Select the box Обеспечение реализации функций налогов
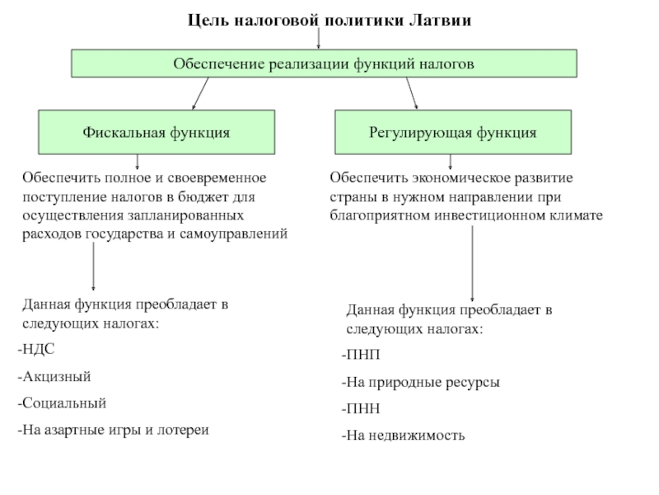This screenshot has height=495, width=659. coord(324,63)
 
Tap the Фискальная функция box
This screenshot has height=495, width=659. coord(156,132)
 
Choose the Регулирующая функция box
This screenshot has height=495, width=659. coord(453,132)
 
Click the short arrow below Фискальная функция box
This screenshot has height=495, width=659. coord(137,161)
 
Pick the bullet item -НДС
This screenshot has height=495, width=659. coord(36,350)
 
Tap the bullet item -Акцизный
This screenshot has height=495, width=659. coord(54,376)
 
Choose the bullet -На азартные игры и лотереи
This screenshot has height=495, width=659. coord(113,430)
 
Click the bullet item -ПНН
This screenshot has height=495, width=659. coord(361,408)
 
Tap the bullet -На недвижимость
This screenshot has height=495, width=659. coord(403,435)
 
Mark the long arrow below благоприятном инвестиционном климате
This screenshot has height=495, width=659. coord(472,264)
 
